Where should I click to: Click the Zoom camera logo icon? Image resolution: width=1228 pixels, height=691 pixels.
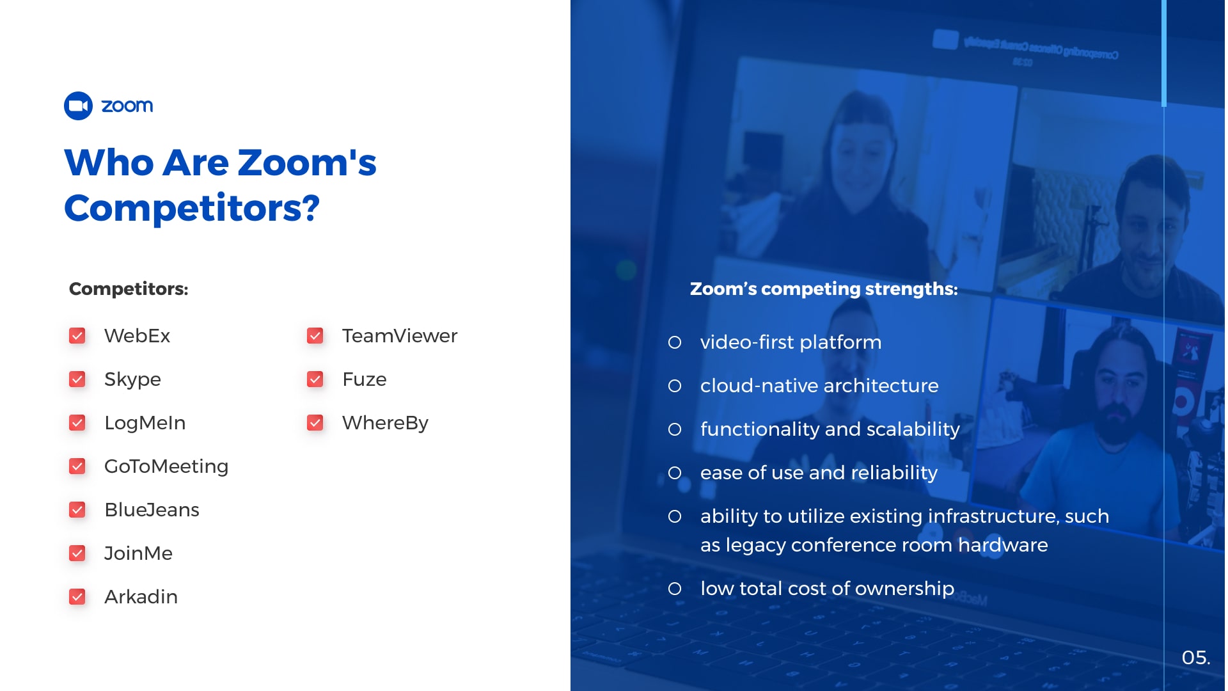pos(78,106)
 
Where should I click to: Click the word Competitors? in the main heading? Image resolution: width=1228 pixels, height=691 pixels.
pos(192,209)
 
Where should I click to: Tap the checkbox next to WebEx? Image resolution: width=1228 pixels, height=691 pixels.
pos(77,336)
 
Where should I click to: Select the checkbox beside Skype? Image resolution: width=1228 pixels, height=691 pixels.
pos(77,379)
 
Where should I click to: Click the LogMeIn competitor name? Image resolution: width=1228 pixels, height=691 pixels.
pos(145,423)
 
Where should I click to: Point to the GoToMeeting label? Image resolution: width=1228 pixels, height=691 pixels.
pos(166,466)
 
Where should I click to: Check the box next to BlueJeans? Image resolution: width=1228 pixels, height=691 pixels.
pos(77,510)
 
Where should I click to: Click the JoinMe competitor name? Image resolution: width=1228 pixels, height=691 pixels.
pos(138,553)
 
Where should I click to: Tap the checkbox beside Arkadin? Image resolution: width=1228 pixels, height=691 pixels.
pos(77,597)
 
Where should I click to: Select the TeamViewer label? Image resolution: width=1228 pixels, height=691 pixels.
pos(400,336)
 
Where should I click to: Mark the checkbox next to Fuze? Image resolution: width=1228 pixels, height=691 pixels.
pos(315,379)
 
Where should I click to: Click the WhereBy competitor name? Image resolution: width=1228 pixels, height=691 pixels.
pos(385,424)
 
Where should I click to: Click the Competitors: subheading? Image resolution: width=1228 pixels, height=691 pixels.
pos(129,289)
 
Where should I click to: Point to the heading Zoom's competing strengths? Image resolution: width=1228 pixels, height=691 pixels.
pos(824,289)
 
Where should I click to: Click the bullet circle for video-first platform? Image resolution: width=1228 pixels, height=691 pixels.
pos(675,342)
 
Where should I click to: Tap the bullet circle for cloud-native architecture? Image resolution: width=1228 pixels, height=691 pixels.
pos(675,386)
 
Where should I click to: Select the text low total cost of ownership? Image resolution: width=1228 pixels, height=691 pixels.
pos(827,589)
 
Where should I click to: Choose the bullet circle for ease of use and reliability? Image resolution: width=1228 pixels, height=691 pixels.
pos(675,473)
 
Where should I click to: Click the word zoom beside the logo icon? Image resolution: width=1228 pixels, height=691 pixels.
pos(127,106)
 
